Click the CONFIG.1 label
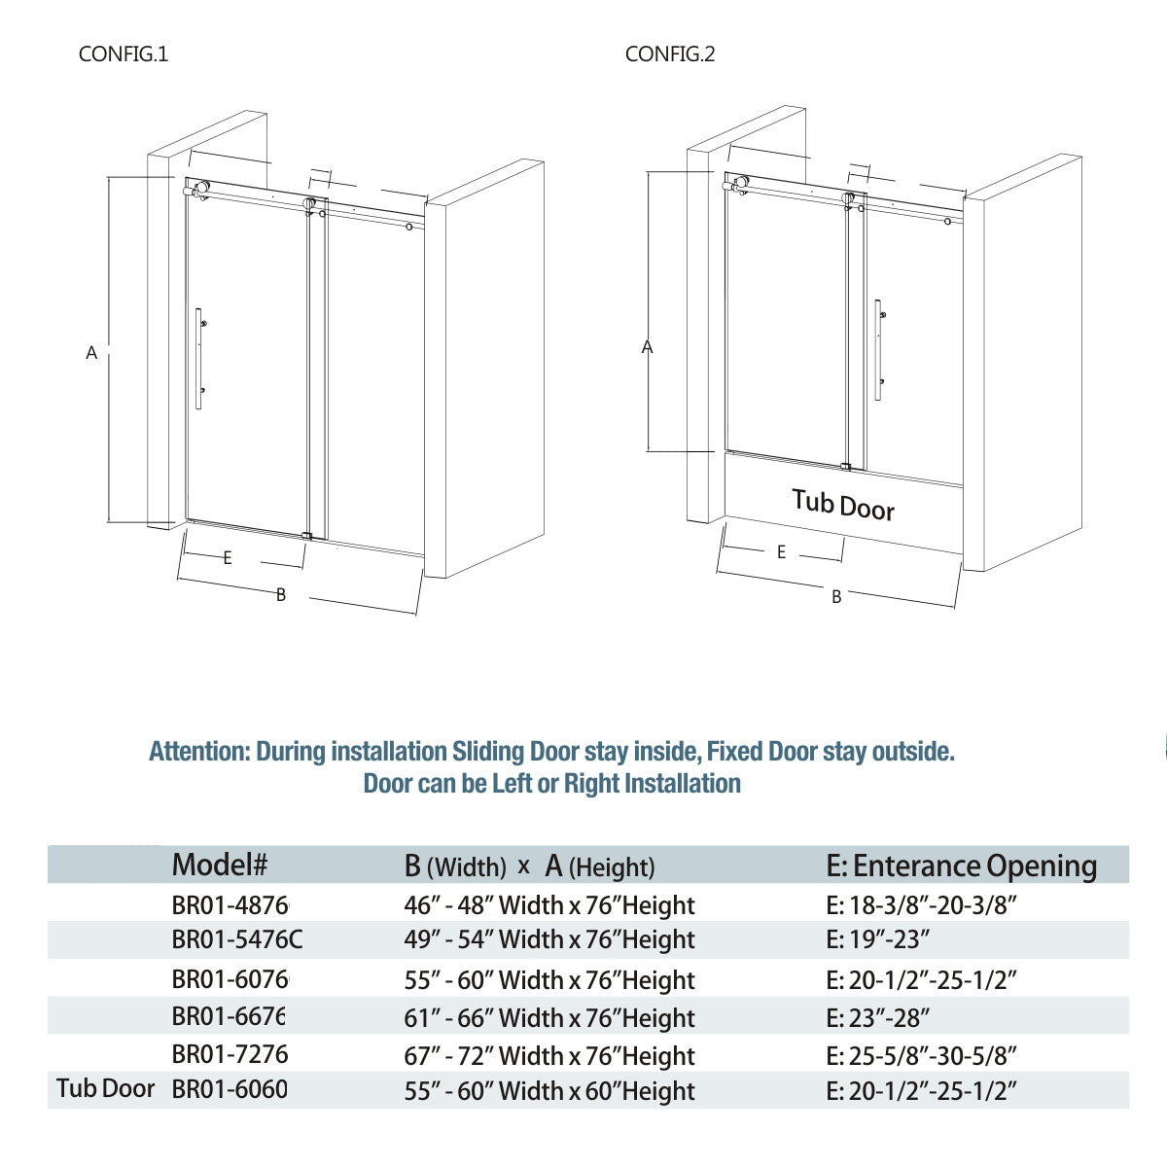click(124, 54)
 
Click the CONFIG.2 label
click(670, 54)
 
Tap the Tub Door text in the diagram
click(842, 505)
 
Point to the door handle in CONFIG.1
click(199, 358)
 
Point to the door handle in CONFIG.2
click(878, 349)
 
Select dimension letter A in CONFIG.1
click(91, 353)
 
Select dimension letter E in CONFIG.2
click(781, 552)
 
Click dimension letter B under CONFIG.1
click(281, 595)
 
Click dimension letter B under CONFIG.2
click(836, 597)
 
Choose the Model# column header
click(219, 864)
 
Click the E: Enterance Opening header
click(961, 866)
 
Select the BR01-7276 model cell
click(230, 1054)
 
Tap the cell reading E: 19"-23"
click(878, 940)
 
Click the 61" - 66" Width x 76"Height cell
click(549, 1018)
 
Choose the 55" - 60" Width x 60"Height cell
click(549, 1091)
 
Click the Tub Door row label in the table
click(105, 1088)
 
